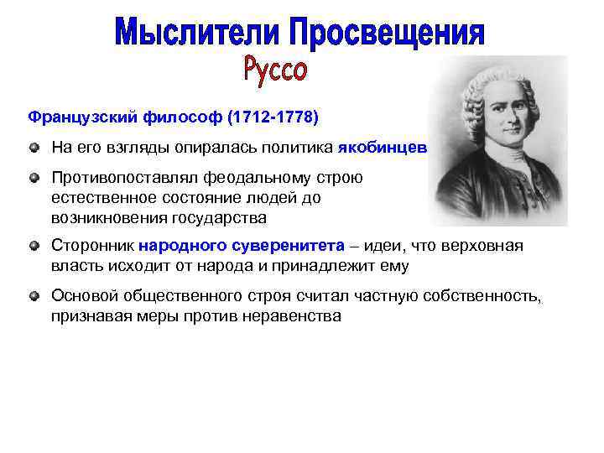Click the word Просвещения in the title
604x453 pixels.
pyautogui.click(x=388, y=34)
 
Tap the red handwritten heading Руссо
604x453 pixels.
pyautogui.click(x=276, y=69)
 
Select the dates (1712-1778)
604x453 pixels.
pyautogui.click(x=273, y=117)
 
